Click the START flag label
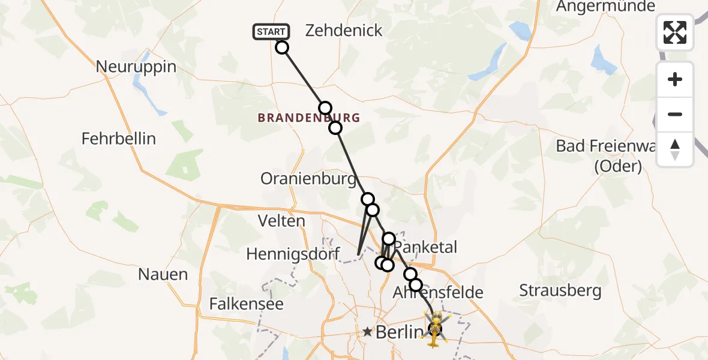[x=271, y=32]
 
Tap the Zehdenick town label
[x=344, y=31]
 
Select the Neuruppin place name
[x=136, y=66]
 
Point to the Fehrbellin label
[x=119, y=139]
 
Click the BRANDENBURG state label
[x=309, y=118]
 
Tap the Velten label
[x=281, y=221]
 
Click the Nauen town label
[x=163, y=274]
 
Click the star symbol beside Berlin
[x=367, y=332]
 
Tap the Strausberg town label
[x=560, y=291]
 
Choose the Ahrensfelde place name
[x=437, y=293]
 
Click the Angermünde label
[x=605, y=7]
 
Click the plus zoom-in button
[x=675, y=79]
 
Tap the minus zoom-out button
[x=675, y=114]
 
